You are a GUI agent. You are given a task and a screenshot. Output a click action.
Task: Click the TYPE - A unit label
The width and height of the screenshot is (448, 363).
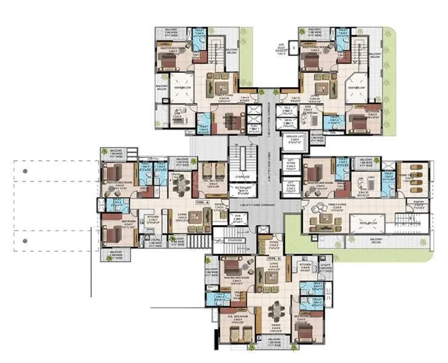coord(202,202)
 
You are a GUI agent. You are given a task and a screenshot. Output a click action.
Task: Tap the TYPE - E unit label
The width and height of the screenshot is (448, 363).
coord(274,258)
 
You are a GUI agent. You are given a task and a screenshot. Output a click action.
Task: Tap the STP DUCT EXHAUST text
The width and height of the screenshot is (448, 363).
coord(281,49)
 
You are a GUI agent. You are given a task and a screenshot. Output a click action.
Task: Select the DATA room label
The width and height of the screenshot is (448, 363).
coord(289,121)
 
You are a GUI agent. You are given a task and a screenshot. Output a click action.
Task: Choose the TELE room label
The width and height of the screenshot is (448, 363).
coord(289,109)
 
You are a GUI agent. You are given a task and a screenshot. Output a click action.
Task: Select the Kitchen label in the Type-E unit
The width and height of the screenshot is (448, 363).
coord(306,266)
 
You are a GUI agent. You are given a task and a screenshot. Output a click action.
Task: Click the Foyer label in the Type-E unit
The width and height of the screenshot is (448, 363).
coord(273,245)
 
